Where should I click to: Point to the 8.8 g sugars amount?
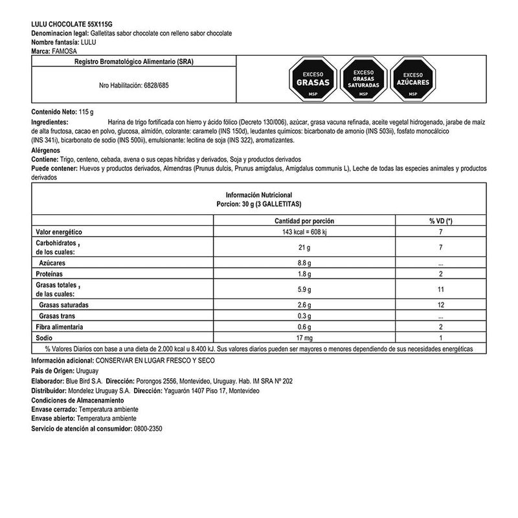point(304,264)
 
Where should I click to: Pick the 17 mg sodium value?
point(304,338)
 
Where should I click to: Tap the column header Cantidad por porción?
point(304,221)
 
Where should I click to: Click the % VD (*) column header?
point(440,221)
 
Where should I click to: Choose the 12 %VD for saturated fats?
point(440,304)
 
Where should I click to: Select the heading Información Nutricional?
point(259,194)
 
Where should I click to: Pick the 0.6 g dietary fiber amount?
point(304,327)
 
